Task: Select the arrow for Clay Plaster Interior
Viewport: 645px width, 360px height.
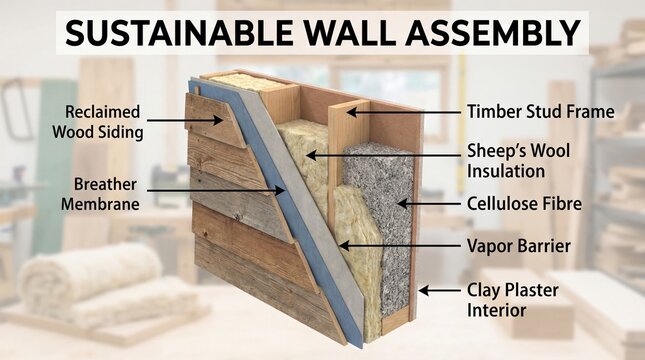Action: (x=438, y=290)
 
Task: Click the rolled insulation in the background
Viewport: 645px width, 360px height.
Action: (x=90, y=280)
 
